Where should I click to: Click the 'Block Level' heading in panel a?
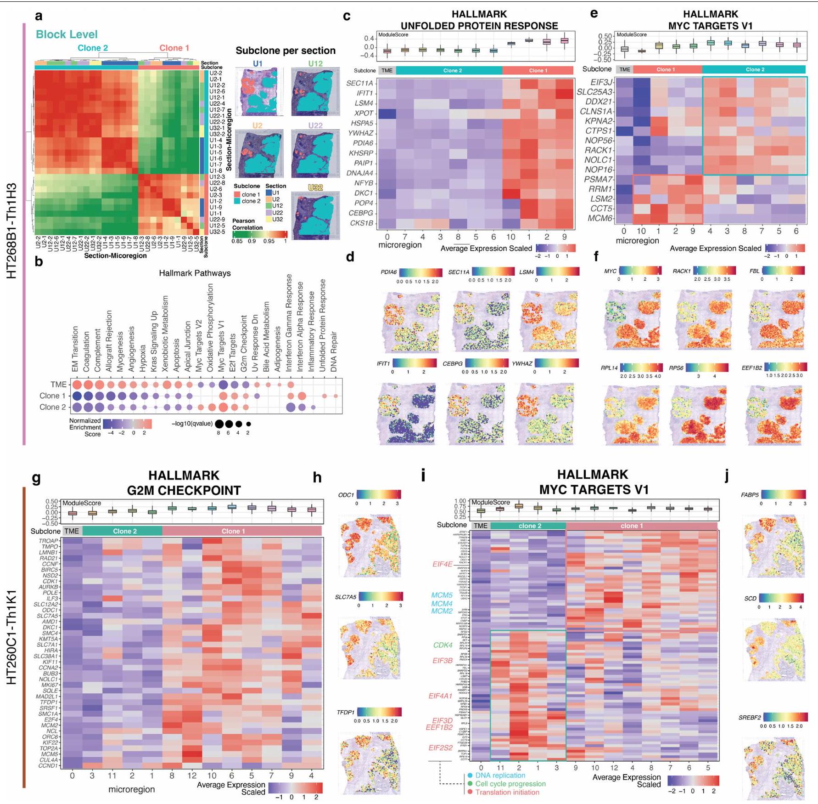(x=67, y=34)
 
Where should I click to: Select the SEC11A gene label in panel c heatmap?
(x=359, y=83)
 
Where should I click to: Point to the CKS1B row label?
(x=361, y=223)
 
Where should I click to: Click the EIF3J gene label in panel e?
(x=601, y=82)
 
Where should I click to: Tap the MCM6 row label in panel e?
(x=600, y=218)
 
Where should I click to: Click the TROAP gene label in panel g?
(x=49, y=541)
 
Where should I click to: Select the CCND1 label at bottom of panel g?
(x=48, y=765)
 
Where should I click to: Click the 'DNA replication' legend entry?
(x=500, y=775)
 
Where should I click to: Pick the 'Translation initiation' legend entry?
(x=507, y=792)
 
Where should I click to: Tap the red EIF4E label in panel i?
(x=442, y=564)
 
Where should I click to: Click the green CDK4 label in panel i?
(x=443, y=645)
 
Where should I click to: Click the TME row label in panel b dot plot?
(x=58, y=385)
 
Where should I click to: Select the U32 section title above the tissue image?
(x=315, y=187)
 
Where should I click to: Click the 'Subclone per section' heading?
(x=286, y=51)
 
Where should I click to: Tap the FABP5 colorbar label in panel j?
(x=750, y=495)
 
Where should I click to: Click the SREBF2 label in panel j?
(x=750, y=718)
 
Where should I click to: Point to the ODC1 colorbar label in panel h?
(x=346, y=495)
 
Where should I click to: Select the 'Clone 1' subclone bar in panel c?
(x=538, y=70)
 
